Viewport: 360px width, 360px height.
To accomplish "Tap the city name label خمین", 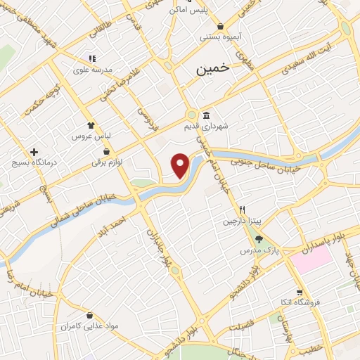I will [212, 69].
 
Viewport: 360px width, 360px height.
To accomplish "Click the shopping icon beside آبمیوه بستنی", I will [220, 26].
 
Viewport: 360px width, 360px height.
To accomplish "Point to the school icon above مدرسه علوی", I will [91, 59].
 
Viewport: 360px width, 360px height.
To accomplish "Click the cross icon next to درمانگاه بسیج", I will [34, 152].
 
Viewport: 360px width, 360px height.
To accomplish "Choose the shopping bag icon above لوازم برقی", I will [106, 151].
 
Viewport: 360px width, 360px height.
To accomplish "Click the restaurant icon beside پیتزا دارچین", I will [243, 210].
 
